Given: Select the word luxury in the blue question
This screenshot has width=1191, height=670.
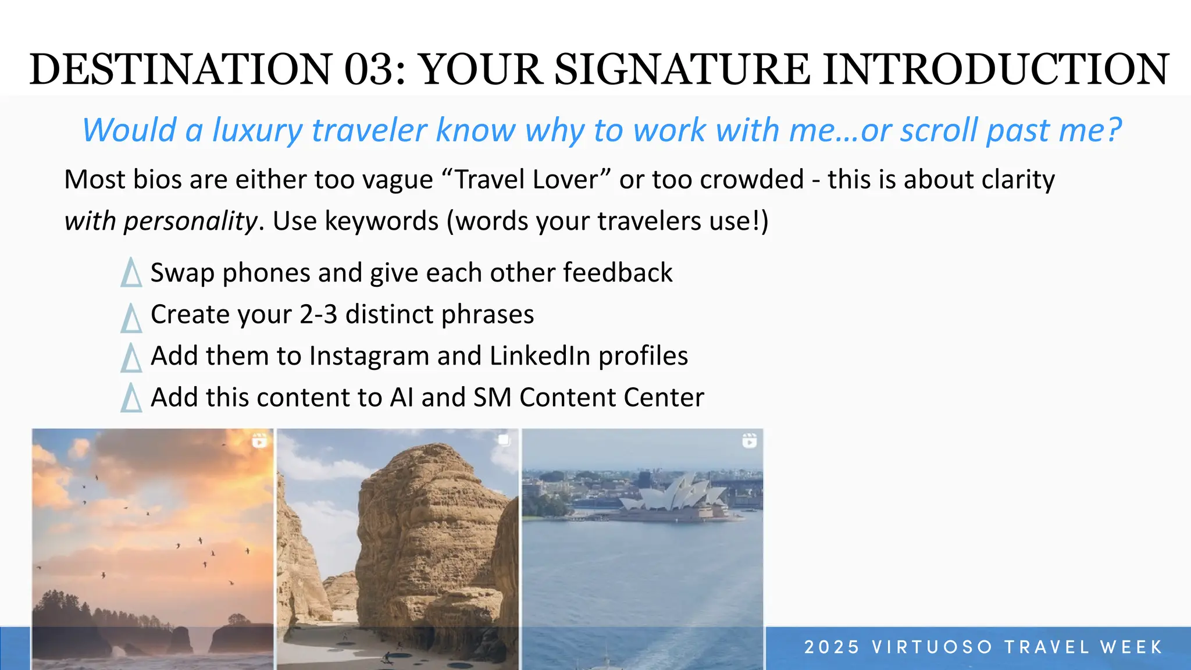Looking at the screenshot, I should click(257, 130).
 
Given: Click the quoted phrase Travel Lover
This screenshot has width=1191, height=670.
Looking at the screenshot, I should click(526, 179).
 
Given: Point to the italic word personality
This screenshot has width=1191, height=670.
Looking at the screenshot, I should click(190, 221).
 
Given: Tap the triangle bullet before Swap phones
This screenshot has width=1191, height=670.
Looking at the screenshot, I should click(131, 273).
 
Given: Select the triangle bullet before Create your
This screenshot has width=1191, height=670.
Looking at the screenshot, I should click(131, 318).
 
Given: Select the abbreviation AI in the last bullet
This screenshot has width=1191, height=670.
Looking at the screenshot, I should click(401, 398).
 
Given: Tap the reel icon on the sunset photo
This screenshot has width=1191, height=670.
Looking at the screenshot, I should click(259, 441).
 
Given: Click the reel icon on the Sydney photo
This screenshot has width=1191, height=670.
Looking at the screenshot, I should click(750, 441).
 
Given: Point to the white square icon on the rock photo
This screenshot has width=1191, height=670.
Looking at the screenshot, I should click(504, 440).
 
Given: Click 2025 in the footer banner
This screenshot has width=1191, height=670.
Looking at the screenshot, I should click(831, 647).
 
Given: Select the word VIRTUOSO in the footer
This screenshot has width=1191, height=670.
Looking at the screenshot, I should click(932, 647).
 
